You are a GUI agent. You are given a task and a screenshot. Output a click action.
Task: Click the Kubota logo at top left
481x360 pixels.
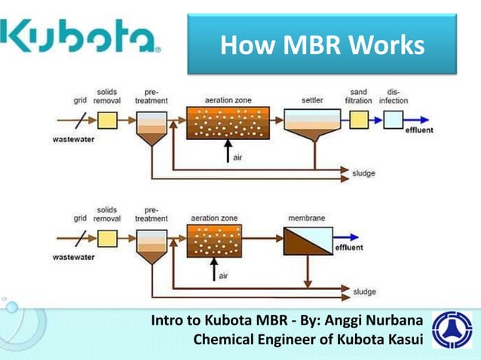(x=81, y=35)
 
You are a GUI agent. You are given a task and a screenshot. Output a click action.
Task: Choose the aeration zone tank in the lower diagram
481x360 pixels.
(x=214, y=240)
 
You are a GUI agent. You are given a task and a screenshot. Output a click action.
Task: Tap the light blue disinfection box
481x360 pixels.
(x=393, y=120)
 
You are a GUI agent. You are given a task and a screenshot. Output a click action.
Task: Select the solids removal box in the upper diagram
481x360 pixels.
(x=108, y=120)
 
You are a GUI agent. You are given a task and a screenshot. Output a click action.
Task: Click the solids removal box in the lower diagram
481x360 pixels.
(x=108, y=238)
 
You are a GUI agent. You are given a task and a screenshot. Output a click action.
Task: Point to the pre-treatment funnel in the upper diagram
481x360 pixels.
(x=152, y=128)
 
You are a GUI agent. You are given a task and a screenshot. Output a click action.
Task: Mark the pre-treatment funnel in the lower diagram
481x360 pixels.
(x=152, y=246)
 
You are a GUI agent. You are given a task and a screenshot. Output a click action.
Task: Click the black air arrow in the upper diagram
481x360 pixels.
(x=228, y=152)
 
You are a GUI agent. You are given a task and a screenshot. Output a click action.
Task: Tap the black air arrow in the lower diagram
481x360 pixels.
(x=214, y=270)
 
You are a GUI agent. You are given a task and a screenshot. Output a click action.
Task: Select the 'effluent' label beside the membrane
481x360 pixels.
(x=348, y=247)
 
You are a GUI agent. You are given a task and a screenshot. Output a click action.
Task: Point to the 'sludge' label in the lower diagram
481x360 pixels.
(x=363, y=290)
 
